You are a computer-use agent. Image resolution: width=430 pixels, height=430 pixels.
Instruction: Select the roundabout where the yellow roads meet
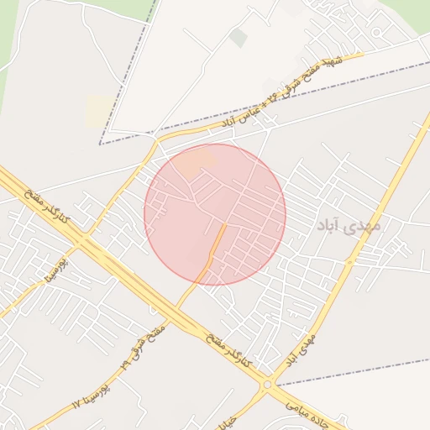coord(268,385)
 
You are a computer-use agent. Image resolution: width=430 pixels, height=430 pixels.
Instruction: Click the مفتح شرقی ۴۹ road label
coord(142,344)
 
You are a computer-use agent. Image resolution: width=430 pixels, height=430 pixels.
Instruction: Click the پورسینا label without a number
coord(60,267)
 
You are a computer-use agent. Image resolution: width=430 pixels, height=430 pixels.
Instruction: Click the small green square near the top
coord(239,38)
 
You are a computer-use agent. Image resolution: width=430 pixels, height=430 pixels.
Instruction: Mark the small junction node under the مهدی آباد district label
coord(349,261)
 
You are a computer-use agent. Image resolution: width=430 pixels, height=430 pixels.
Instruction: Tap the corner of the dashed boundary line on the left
coord(100,144)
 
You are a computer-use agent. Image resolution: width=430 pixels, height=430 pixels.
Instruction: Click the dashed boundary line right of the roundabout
coord(353,372)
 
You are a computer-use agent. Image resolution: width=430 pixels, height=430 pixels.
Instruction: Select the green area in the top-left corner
coord(7,34)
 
